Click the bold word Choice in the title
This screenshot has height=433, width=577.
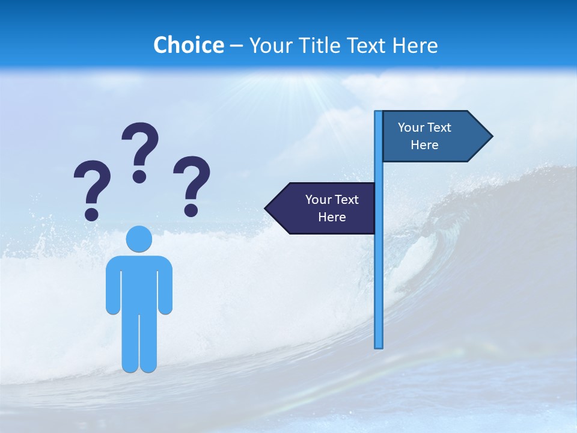tap(188, 45)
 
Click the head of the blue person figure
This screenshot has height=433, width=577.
tap(139, 238)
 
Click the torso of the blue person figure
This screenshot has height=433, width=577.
tap(139, 283)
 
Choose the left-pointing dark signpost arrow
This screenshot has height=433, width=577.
tap(322, 208)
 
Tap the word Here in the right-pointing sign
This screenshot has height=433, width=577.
tap(424, 145)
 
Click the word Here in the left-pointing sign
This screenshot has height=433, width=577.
tap(332, 217)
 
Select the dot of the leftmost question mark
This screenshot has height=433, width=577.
tap(92, 213)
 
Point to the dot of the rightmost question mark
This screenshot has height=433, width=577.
tap(191, 210)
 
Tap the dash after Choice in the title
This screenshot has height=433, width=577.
tap(236, 46)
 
